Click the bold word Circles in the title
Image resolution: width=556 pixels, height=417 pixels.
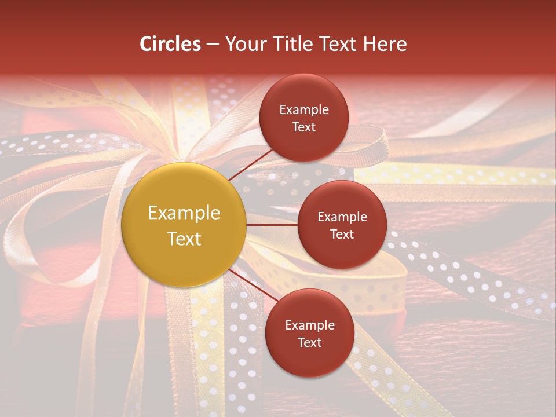170,44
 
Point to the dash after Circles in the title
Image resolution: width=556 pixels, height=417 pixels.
213,45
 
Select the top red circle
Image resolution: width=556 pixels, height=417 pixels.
304,118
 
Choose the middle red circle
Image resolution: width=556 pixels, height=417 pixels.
342,225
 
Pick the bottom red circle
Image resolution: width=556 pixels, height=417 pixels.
309,333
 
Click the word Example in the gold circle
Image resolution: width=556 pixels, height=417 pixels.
184,213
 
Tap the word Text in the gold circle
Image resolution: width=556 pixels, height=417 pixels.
184,239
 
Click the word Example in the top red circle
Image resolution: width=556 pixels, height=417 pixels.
304,109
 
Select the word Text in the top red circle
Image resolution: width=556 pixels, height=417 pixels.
304,127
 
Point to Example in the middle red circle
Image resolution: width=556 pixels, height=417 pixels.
342,217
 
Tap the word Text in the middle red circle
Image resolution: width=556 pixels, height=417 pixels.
342,234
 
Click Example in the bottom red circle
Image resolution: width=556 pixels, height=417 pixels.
309,325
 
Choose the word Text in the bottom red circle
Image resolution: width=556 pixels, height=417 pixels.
309,342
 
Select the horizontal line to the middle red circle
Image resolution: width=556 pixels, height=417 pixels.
272,225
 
